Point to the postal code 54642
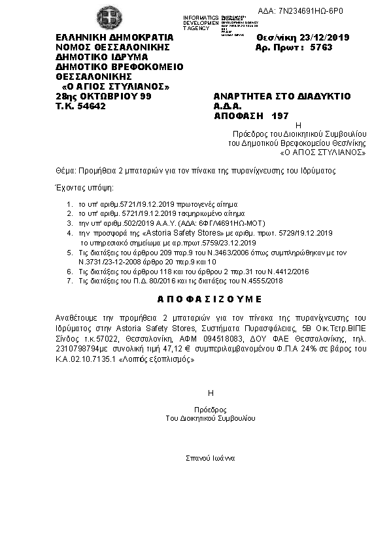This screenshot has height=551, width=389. tap(90, 105)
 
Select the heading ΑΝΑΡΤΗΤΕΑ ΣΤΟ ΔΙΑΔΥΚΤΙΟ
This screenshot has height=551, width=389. tap(273, 96)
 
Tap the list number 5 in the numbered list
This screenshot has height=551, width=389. tap(69, 252)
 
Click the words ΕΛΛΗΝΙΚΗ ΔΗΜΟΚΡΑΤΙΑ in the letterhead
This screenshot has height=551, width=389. tap(114, 37)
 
